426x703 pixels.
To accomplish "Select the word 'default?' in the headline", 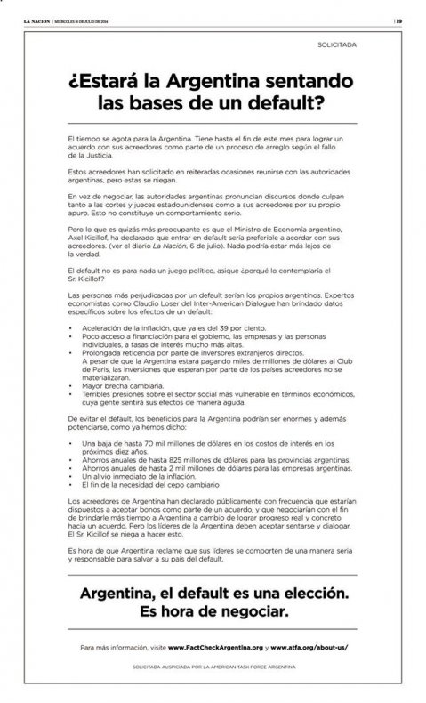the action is pyautogui.click(x=285, y=104).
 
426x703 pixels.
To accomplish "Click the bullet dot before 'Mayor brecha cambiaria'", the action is pyautogui.click(x=70, y=387).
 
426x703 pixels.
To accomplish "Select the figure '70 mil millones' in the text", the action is pyautogui.click(x=163, y=442).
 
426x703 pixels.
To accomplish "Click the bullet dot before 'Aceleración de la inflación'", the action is pyautogui.click(x=70, y=329).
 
